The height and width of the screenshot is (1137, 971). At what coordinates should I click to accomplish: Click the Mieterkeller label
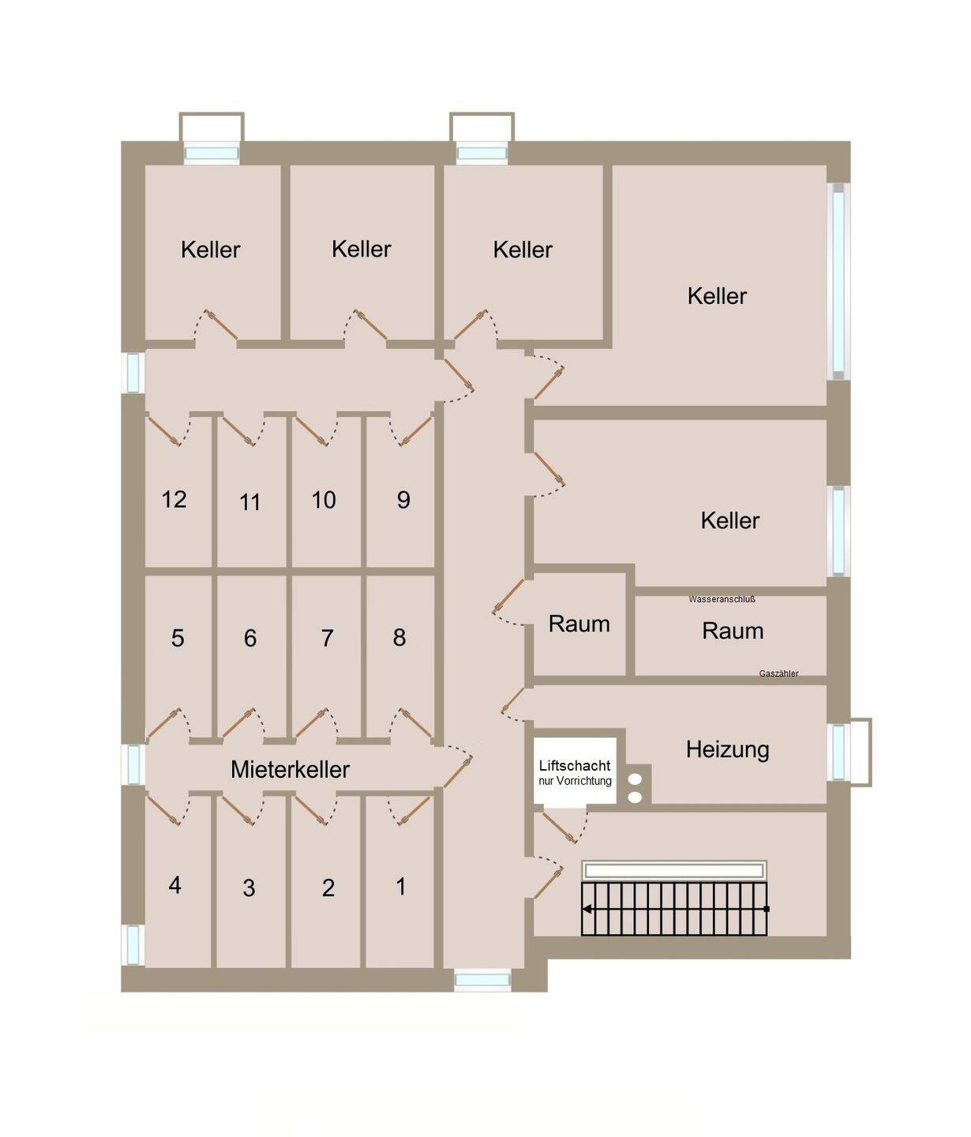tap(290, 770)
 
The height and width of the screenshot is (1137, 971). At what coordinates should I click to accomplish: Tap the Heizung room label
tap(727, 750)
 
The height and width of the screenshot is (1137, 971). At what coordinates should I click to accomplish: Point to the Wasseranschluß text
tap(722, 599)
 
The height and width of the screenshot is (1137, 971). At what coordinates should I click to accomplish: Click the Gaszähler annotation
tap(778, 674)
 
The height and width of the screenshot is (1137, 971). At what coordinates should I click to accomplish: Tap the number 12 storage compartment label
tap(174, 500)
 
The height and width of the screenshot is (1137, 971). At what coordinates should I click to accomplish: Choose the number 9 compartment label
tap(403, 500)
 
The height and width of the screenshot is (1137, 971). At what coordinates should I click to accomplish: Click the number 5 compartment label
tap(177, 638)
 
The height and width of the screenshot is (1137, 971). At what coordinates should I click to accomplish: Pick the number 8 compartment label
tap(399, 637)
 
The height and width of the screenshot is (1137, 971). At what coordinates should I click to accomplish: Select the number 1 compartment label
tap(401, 886)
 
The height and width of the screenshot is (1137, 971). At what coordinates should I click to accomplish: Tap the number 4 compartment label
tap(174, 885)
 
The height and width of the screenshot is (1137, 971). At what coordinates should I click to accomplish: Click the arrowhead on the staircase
tap(587, 910)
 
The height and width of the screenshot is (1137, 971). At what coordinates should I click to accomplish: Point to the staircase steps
tap(674, 909)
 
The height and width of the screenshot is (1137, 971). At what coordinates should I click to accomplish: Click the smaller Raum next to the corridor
tap(579, 625)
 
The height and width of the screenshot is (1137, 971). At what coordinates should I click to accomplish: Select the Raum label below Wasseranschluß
tap(733, 632)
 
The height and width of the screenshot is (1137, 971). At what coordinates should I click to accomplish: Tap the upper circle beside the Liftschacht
tap(635, 779)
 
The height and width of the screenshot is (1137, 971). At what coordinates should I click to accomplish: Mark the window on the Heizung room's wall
tap(838, 752)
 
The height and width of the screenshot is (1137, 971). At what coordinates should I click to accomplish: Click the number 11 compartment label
tap(249, 502)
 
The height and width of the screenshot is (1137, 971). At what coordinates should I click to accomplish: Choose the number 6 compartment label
tap(249, 638)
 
